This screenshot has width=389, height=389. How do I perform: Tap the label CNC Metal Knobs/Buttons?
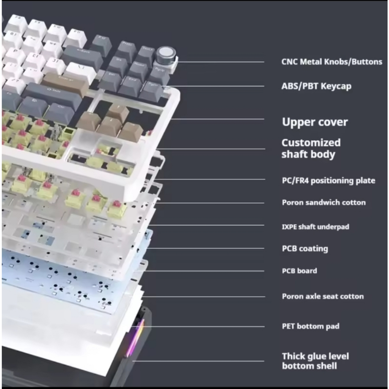point(332,62)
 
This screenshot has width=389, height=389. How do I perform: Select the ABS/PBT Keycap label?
point(316,86)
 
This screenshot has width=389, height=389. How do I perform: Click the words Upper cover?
point(315,122)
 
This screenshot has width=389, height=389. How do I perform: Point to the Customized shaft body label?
point(311,148)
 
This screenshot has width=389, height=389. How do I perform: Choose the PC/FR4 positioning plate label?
point(328,180)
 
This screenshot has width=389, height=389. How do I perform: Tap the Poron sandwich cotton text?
point(324,202)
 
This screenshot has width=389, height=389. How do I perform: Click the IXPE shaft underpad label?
point(315,227)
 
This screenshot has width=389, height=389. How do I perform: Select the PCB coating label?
point(305,248)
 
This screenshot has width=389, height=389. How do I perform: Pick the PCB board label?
point(299,271)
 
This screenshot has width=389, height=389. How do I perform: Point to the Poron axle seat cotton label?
point(323,296)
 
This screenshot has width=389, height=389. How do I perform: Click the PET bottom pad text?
point(310,326)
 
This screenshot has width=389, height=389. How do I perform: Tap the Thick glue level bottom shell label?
point(315,361)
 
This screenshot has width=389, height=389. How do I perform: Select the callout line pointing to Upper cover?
point(217,119)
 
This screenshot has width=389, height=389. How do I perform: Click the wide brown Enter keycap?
point(65,82)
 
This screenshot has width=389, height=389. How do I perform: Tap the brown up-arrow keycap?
point(117,112)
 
